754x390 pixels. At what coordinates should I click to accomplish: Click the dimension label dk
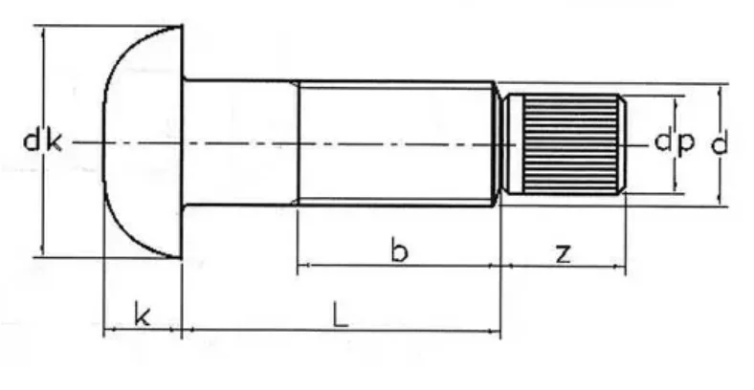(42, 142)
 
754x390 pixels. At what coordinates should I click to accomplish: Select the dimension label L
(340, 314)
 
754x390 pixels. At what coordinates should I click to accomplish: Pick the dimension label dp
(675, 142)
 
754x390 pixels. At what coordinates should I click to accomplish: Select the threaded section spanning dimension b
(397, 143)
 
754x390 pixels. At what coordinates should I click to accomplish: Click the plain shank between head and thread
(239, 143)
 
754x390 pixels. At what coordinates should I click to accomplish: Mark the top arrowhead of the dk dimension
(42, 31)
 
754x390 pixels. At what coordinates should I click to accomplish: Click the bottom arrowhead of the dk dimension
(42, 252)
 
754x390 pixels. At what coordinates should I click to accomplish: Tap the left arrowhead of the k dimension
(107, 331)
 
